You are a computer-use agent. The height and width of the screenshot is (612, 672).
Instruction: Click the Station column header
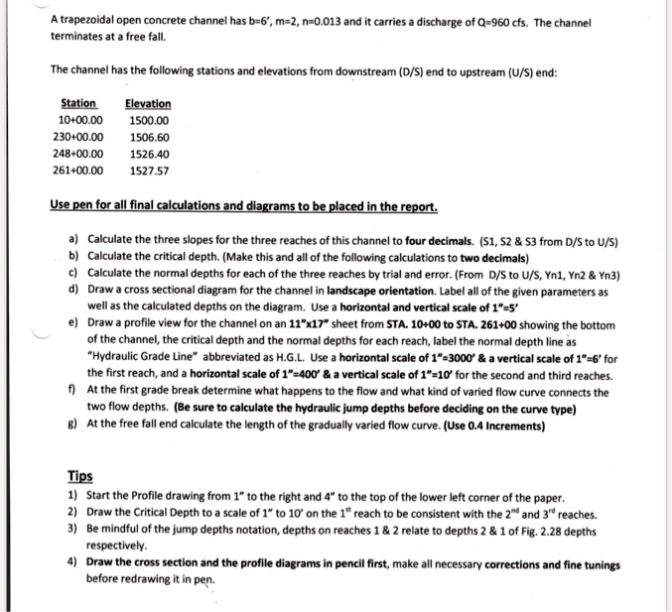pyautogui.click(x=78, y=103)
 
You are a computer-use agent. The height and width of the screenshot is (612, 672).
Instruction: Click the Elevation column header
pyautogui.click(x=148, y=103)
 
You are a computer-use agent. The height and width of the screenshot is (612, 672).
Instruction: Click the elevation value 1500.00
pyautogui.click(x=149, y=120)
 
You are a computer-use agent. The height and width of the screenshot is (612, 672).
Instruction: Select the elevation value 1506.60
pyautogui.click(x=149, y=137)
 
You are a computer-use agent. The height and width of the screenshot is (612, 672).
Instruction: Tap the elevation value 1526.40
pyautogui.click(x=149, y=154)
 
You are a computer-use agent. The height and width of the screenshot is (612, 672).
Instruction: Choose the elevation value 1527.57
pyautogui.click(x=149, y=171)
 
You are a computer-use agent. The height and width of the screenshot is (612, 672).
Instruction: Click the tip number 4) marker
pyautogui.click(x=73, y=564)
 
